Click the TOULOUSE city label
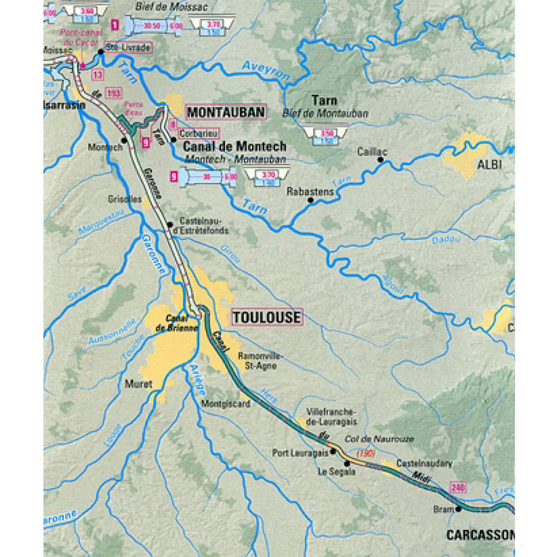(267, 317)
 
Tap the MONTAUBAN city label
(226, 112)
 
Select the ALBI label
(489, 165)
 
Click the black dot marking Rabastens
(310, 201)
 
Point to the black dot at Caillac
(380, 160)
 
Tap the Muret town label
(138, 384)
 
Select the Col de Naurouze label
(379, 439)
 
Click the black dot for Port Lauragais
(333, 452)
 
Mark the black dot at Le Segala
(347, 463)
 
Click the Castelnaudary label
(424, 463)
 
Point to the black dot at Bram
(459, 509)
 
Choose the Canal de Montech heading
(235, 146)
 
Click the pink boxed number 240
(458, 487)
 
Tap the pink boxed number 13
(97, 75)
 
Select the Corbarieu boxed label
(199, 133)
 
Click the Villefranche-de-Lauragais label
(331, 417)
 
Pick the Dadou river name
(446, 240)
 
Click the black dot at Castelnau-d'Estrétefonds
(170, 225)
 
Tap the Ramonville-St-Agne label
(260, 361)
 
